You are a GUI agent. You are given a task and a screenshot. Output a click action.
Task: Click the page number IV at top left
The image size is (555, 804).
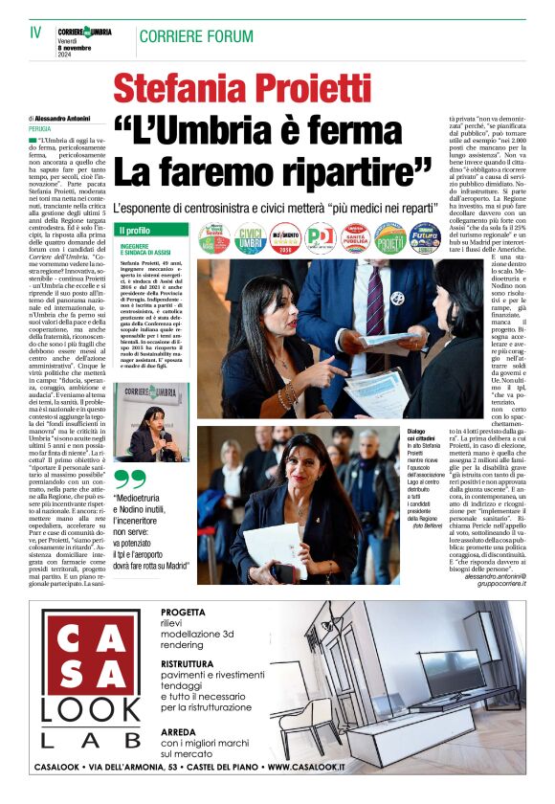pos(35,32)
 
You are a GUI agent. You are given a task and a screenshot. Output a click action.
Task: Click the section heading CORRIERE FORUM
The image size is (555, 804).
pos(195,36)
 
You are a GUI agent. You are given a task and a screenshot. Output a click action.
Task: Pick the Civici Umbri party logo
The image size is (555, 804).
pos(251,238)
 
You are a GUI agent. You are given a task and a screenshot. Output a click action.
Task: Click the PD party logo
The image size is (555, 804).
pos(321,238)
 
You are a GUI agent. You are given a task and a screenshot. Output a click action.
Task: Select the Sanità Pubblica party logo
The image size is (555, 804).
pos(356,238)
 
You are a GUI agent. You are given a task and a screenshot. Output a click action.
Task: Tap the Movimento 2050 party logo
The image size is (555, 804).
pos(285,238)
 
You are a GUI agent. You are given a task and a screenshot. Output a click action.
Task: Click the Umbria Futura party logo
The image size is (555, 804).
pos(424,238)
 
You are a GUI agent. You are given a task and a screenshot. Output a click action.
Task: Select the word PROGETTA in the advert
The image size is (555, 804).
pos(184,612)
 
